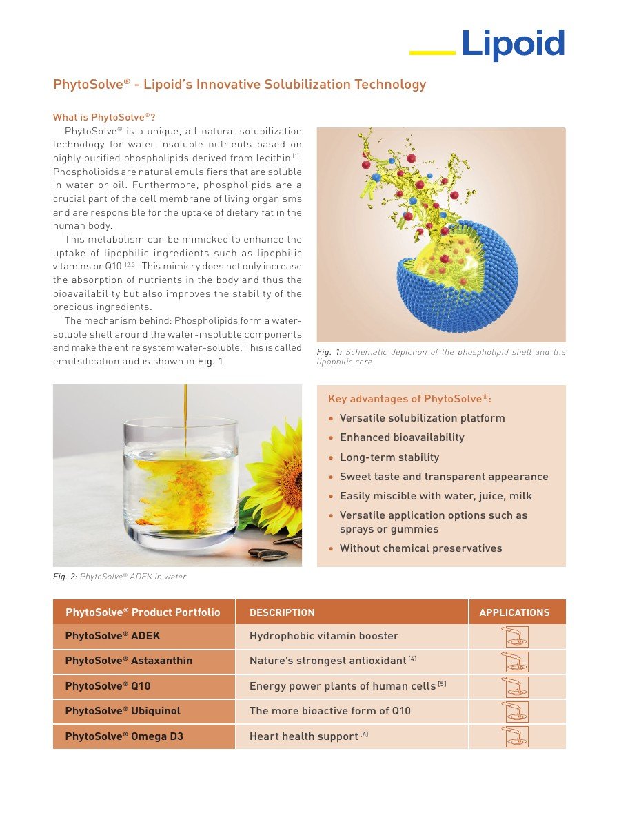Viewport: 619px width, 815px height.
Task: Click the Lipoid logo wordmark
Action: pyautogui.click(x=513, y=44)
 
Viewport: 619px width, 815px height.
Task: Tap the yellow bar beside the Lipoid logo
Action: pyautogui.click(x=432, y=52)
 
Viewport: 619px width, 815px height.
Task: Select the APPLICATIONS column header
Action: pyautogui.click(x=514, y=612)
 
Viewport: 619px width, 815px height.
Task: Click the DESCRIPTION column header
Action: pyautogui.click(x=282, y=612)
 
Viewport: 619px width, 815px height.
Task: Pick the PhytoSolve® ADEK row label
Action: pyautogui.click(x=112, y=636)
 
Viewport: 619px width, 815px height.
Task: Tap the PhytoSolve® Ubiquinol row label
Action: pyautogui.click(x=123, y=710)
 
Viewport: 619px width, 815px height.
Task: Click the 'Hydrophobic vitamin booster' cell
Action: pyautogui.click(x=324, y=636)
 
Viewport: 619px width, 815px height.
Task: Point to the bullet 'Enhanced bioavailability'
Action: pyautogui.click(x=402, y=437)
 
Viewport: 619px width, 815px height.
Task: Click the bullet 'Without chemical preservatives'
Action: pyautogui.click(x=420, y=548)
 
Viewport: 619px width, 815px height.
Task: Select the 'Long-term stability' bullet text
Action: pyautogui.click(x=389, y=457)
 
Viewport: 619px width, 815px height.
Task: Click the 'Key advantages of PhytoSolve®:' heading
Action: pyautogui.click(x=409, y=398)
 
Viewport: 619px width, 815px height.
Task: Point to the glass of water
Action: pyautogui.click(x=181, y=482)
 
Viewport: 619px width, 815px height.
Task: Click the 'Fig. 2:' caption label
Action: pyautogui.click(x=65, y=577)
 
